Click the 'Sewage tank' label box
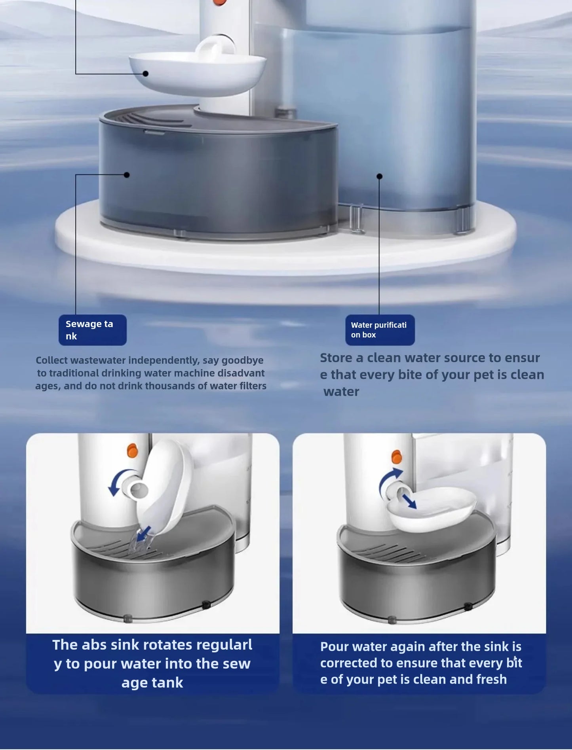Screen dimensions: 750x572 [x=93, y=330]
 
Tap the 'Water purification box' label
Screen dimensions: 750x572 [x=380, y=330]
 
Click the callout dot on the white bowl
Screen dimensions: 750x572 [x=146, y=74]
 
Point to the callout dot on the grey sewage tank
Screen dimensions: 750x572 [x=127, y=175]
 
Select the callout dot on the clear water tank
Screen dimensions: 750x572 [x=379, y=176]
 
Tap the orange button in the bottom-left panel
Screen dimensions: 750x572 [x=132, y=451]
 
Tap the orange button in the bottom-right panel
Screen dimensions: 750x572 [x=396, y=456]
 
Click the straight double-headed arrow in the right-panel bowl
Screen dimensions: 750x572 [x=409, y=501]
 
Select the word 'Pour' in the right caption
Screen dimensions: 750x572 [x=334, y=647]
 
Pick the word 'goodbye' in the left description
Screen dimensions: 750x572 [x=242, y=360]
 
